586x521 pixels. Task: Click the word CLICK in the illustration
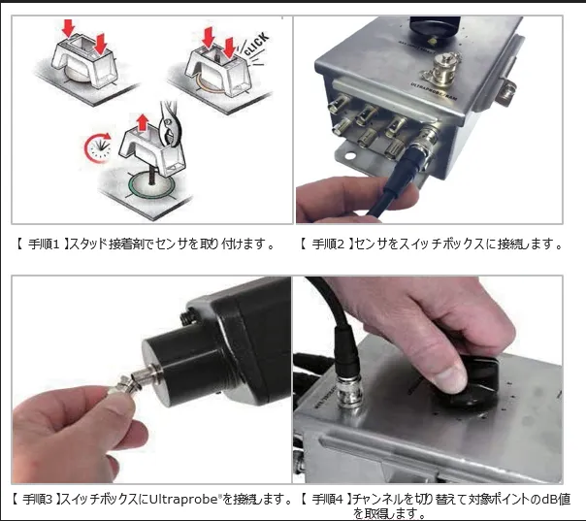tap(256, 44)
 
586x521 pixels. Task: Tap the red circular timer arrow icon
tap(98, 148)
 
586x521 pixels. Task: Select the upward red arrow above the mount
tap(142, 123)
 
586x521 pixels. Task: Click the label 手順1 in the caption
tap(44, 244)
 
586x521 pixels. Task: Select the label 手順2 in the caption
tap(327, 244)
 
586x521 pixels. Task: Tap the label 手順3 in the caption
tap(39, 499)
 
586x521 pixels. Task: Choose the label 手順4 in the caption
tap(327, 499)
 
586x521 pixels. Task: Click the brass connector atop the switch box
tap(442, 68)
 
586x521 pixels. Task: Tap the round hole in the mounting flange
tap(350, 155)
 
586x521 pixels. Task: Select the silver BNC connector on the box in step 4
tap(349, 391)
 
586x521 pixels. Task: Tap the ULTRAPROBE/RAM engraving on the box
tap(434, 91)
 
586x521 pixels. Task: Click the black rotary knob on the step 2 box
tap(435, 26)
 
